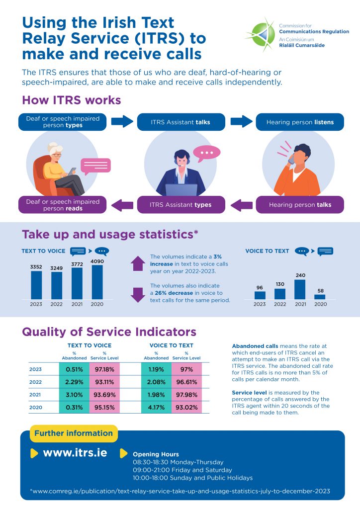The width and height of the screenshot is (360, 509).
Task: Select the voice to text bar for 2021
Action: click(300, 289)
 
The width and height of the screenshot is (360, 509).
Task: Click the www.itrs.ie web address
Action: click(75, 453)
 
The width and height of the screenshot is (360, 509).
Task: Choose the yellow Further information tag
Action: click(74, 433)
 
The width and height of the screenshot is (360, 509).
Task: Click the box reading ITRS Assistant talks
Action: click(180, 122)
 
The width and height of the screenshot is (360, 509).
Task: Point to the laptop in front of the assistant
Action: click(181, 190)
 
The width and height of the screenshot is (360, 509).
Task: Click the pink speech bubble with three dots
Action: click(206, 152)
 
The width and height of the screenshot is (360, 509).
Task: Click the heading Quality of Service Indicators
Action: click(109, 332)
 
